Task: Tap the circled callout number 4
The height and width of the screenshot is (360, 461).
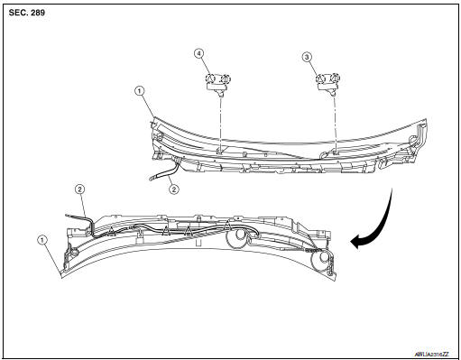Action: tap(198, 53)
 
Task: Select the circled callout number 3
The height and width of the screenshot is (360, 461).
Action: tap(307, 56)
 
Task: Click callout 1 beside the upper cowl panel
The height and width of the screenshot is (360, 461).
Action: tap(138, 91)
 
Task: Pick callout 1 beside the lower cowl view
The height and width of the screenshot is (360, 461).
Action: tap(41, 239)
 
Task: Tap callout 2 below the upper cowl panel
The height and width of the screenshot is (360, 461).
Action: tap(174, 190)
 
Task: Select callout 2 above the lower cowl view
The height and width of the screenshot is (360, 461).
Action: tap(80, 189)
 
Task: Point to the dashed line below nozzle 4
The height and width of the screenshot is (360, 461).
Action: tap(218, 122)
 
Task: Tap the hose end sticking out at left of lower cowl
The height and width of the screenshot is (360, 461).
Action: tap(67, 216)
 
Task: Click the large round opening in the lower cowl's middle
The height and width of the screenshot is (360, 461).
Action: tap(238, 239)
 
